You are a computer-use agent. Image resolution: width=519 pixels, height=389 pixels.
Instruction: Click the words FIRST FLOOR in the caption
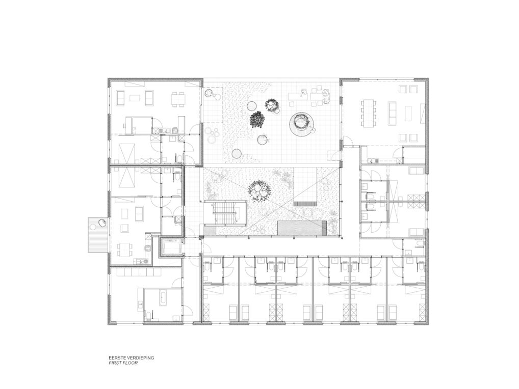coord(123,363)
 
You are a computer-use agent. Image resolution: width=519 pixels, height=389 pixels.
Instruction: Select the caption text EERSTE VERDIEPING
coord(132,357)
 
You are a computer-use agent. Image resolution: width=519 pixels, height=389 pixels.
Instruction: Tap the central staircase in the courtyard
coord(225,213)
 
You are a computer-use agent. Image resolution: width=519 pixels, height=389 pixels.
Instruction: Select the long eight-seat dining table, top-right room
coord(369,113)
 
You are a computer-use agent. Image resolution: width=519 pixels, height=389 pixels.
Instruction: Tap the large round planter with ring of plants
coord(301,124)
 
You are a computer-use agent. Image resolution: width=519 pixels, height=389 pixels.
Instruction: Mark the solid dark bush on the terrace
coord(257,119)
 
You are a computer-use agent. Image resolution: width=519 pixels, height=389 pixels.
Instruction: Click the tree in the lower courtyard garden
coord(259,191)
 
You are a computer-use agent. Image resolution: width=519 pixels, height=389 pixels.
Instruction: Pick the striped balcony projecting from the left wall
coord(98,235)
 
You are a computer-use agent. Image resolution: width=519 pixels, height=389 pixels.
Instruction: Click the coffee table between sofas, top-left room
coord(134,98)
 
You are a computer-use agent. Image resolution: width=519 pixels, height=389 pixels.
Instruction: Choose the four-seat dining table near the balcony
coord(125,249)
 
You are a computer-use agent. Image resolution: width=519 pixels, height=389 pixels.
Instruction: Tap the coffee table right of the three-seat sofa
coord(407,114)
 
